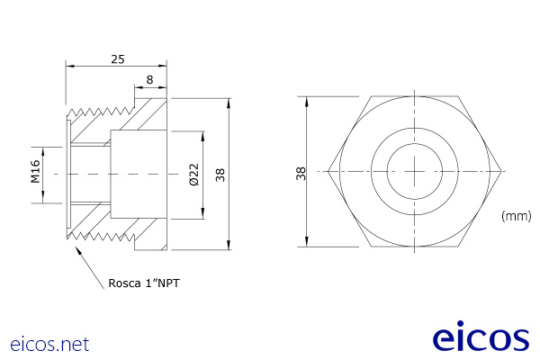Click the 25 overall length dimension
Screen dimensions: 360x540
[x=117, y=58]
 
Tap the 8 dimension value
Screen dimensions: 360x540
[x=149, y=80]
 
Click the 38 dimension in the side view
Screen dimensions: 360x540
[x=221, y=173]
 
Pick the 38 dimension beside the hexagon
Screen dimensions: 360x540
[x=301, y=172]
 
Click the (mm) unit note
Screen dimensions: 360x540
[x=516, y=216]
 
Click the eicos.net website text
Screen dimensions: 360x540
[x=50, y=343]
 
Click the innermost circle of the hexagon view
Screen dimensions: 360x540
[x=414, y=171]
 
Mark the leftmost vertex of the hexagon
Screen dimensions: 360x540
[x=328, y=171]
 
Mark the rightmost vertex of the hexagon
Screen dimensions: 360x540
[x=500, y=171]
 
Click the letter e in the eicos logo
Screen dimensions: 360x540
[x=444, y=339]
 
